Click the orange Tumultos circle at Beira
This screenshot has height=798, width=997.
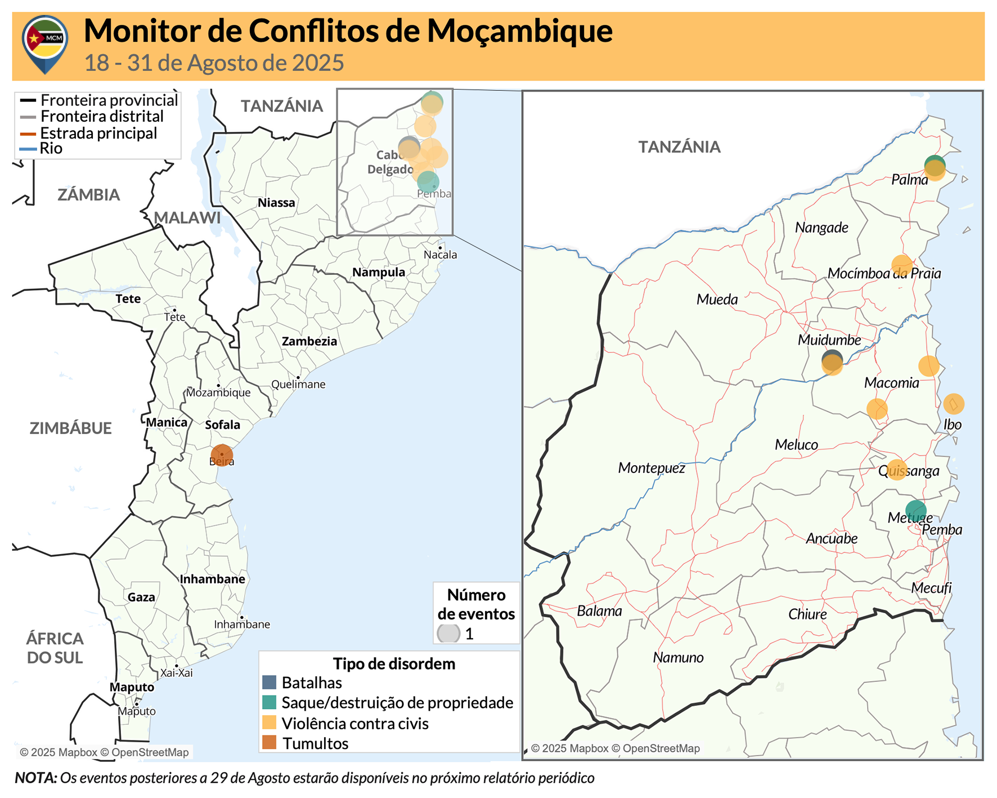click(222, 455)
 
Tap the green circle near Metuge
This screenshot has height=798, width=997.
click(916, 510)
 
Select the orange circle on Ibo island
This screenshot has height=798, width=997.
click(953, 404)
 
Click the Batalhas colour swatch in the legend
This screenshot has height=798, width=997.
click(270, 683)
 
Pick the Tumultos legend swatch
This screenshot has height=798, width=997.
click(270, 743)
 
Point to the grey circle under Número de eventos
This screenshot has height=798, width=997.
click(448, 634)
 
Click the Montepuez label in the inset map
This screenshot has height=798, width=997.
click(652, 468)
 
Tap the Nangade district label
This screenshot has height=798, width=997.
click(821, 228)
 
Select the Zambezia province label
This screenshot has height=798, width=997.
click(309, 341)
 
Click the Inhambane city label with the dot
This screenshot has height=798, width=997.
click(242, 624)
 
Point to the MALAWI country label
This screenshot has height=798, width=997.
click(187, 218)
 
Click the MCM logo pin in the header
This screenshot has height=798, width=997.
click(45, 42)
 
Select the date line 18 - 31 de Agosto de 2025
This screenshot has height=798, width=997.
click(214, 63)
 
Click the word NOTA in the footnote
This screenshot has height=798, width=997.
click(35, 778)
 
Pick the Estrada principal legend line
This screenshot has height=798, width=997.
click(28, 134)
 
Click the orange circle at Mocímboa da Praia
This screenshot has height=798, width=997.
click(901, 265)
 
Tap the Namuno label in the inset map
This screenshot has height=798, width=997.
click(678, 657)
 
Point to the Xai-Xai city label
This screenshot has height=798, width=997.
click(176, 672)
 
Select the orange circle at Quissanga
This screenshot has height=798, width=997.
click(897, 470)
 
